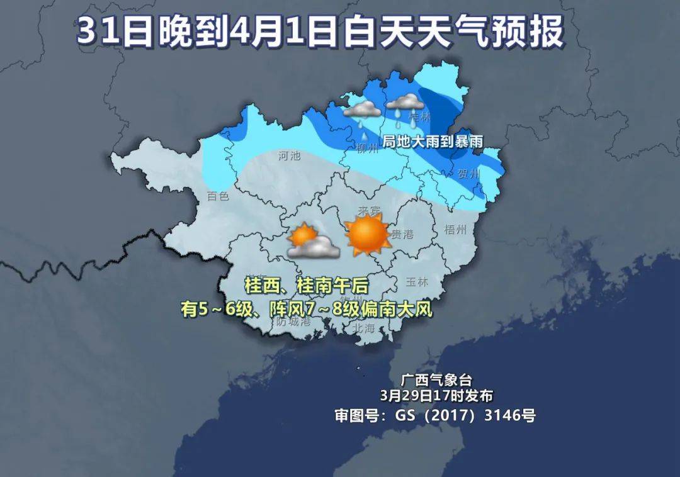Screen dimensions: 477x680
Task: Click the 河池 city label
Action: (x=290, y=155)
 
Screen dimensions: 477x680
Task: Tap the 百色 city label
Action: (x=218, y=196)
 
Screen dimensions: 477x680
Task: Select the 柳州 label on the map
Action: (x=367, y=149)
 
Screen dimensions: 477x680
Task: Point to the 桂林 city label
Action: (x=420, y=116)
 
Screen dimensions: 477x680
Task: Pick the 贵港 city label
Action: (x=402, y=234)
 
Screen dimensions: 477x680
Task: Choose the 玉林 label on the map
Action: (x=417, y=281)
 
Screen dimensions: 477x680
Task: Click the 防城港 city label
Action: (x=294, y=322)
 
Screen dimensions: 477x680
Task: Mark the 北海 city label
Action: (x=363, y=328)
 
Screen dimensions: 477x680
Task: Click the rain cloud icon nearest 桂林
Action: (x=404, y=104)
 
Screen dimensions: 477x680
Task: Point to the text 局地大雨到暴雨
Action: (x=433, y=142)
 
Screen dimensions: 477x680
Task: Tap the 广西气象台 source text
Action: (x=436, y=380)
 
